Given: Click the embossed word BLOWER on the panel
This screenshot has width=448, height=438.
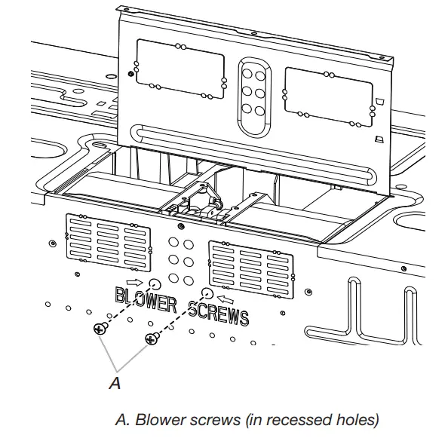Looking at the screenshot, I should point(146,301).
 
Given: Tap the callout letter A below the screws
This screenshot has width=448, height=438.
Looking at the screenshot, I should point(115,383).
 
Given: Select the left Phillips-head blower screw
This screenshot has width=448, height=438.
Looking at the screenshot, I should point(99,329).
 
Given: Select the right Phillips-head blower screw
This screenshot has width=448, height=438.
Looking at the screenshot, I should point(152,339).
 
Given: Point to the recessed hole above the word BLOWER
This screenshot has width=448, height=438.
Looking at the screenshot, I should point(155,284).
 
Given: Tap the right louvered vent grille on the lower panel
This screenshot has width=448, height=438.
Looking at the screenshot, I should point(251,265).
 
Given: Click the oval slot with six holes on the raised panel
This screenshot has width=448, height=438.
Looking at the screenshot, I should point(253,87).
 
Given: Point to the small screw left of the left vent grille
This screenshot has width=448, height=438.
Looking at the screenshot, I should point(50,243).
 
